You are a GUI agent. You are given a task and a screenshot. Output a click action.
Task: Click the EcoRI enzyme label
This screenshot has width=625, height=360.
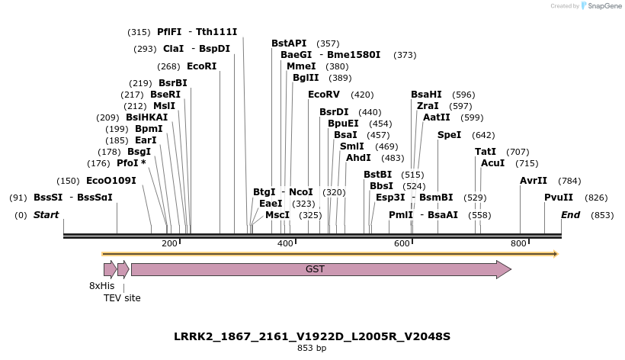[x=201, y=66]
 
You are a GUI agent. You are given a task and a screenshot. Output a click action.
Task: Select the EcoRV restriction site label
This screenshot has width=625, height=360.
[x=324, y=95]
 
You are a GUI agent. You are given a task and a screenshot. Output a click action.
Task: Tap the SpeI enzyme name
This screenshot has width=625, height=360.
[x=449, y=135]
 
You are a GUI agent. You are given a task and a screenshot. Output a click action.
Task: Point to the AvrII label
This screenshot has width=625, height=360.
[x=534, y=181]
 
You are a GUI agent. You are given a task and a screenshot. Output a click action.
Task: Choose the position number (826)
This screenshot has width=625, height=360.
[x=596, y=198]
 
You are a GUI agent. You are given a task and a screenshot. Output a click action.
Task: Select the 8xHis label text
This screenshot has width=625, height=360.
[x=101, y=286]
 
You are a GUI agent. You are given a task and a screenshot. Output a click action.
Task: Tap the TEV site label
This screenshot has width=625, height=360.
[x=122, y=298]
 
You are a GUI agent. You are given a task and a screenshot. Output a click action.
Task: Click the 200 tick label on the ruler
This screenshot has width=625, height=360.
[x=169, y=243]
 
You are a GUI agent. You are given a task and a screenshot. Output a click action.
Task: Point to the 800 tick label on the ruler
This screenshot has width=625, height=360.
[x=518, y=243]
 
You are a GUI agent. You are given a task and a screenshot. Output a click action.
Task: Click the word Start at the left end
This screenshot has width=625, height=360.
[x=46, y=215]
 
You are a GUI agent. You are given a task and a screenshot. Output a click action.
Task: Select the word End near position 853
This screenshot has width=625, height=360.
[x=571, y=215]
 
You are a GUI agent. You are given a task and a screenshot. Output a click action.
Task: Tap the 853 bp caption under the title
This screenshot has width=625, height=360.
[x=312, y=348]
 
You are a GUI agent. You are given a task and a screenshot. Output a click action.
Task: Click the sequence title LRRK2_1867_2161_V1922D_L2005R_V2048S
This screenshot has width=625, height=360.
[x=312, y=336]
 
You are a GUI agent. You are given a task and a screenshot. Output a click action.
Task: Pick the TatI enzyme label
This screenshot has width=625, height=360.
[x=486, y=152]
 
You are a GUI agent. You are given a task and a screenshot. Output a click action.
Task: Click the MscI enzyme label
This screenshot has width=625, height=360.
[x=277, y=215]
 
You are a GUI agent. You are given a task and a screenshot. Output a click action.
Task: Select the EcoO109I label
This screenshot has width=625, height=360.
[x=111, y=181]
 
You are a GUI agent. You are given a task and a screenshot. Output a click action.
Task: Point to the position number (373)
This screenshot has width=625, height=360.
[x=405, y=55]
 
